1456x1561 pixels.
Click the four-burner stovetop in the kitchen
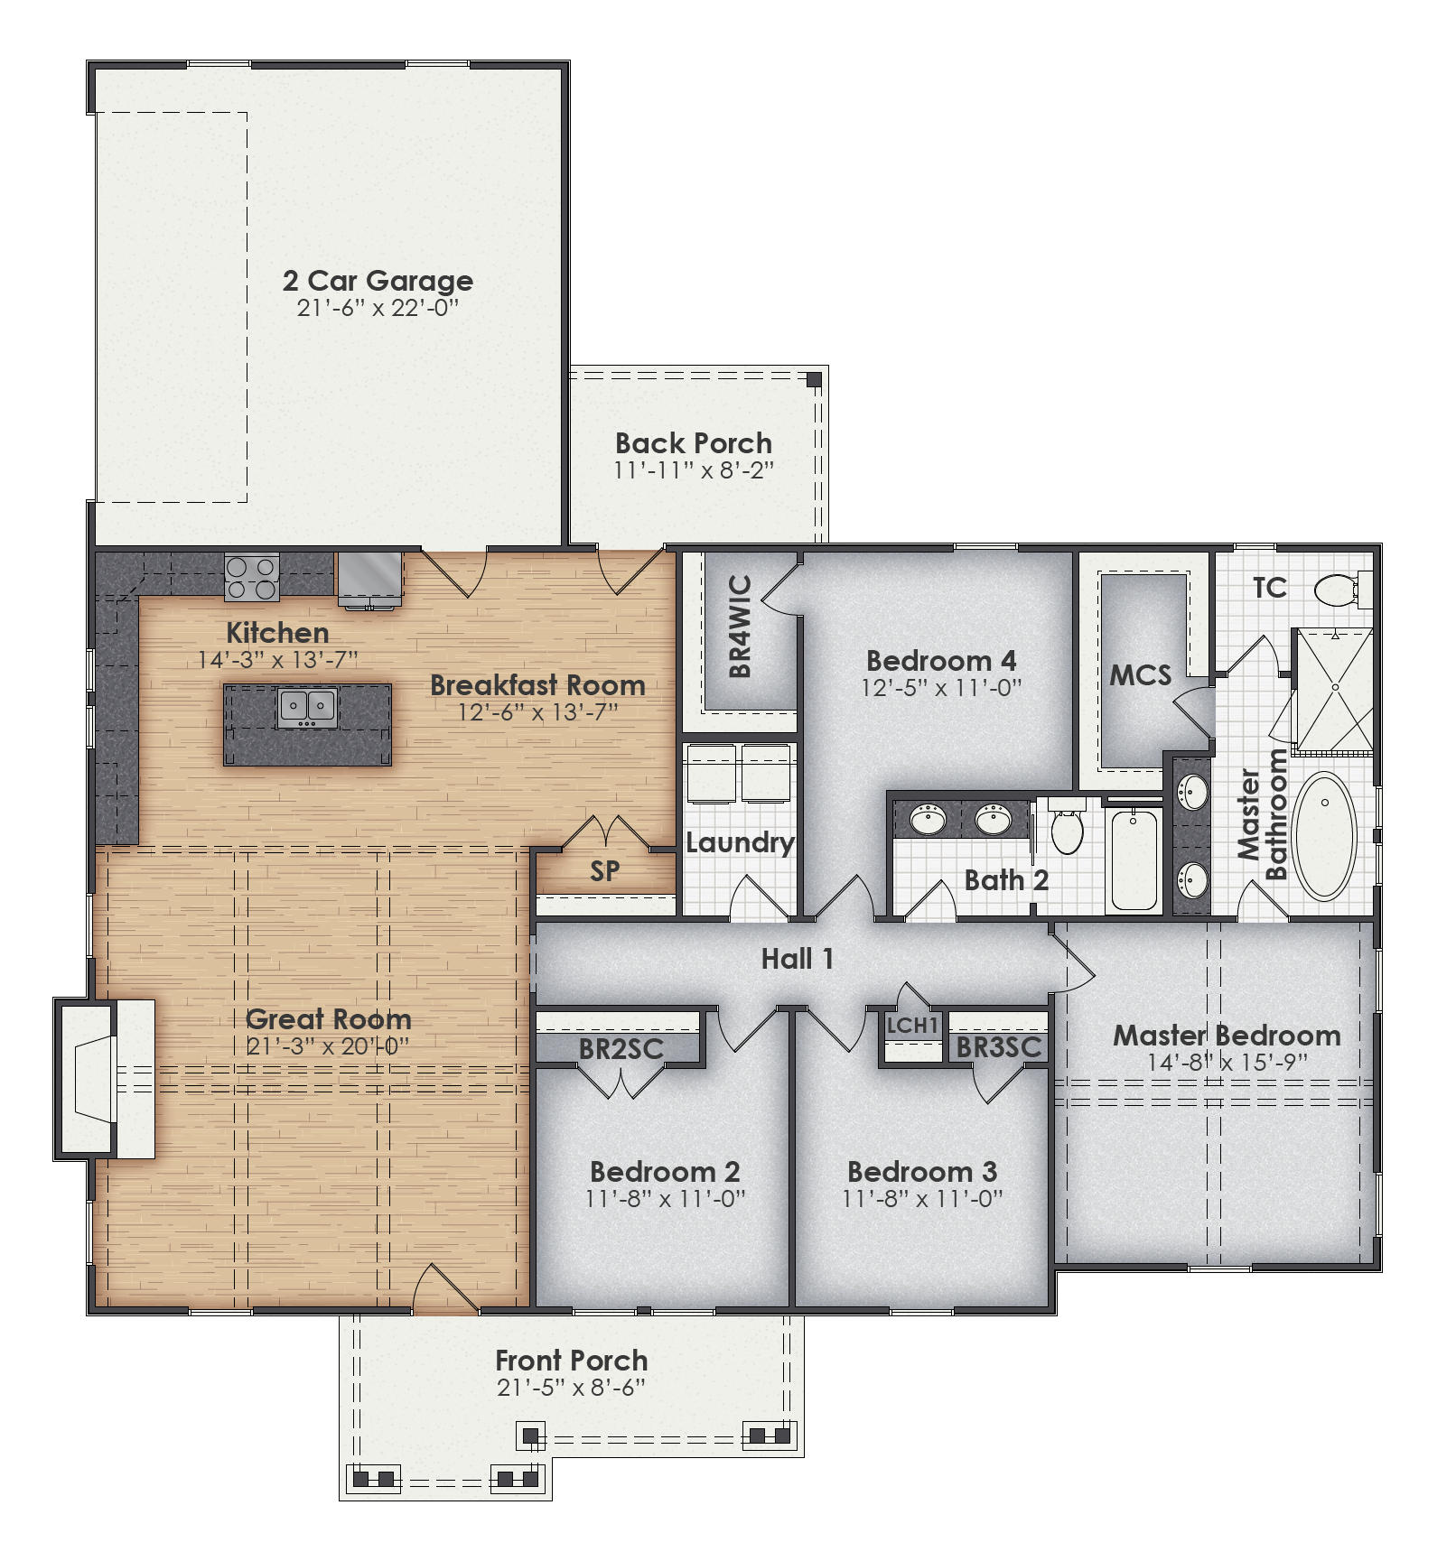point(251,578)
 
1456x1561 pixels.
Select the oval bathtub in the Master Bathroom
point(1324,835)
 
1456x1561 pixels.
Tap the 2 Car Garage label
point(378,281)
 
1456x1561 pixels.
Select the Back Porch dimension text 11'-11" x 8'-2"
point(694,470)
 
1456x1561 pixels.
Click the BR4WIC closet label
point(740,626)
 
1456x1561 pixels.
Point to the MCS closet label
point(1140,675)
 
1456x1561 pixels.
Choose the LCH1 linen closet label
point(912,1026)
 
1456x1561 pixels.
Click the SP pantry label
point(604,871)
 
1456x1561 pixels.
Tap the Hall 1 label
point(797,959)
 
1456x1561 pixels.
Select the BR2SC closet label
point(621,1049)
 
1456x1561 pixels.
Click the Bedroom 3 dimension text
point(922,1199)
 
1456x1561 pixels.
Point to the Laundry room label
point(740,843)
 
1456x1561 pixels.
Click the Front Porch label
point(571,1360)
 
